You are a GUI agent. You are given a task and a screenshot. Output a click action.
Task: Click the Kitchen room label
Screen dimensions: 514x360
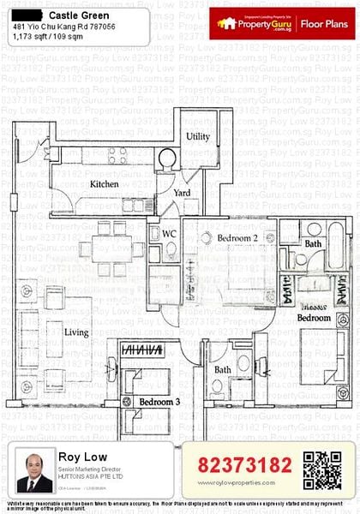pyautogui.click(x=104, y=184)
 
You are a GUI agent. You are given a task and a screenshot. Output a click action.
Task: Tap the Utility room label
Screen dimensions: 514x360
pyautogui.click(x=198, y=136)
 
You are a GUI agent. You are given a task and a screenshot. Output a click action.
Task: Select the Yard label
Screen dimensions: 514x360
pyautogui.click(x=182, y=194)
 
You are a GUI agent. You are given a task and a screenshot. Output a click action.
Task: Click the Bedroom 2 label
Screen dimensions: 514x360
pyautogui.click(x=237, y=237)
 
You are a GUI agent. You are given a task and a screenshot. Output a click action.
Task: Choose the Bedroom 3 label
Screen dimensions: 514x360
pyautogui.click(x=159, y=402)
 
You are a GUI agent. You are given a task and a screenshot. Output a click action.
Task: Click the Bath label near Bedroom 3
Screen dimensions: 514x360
pyautogui.click(x=223, y=370)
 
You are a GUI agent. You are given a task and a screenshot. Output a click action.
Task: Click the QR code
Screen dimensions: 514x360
pyautogui.click(x=321, y=466)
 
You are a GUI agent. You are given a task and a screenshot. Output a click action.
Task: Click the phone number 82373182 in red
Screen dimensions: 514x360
pyautogui.click(x=245, y=464)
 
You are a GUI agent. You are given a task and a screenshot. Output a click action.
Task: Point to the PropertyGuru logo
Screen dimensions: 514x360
pyautogui.click(x=255, y=24)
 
